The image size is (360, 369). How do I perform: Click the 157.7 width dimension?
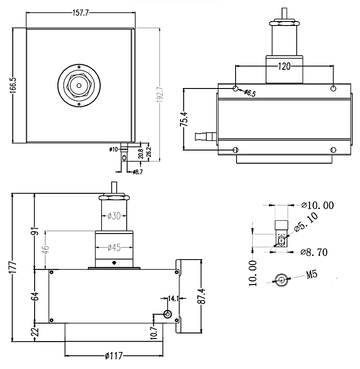80,13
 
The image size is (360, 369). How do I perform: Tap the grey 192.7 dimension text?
159,94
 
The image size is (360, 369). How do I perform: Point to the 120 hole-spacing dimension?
284,66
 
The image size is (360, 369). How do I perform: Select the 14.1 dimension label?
173,299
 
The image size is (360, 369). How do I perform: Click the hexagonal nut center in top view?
79,85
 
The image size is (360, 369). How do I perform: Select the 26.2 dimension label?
148,151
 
